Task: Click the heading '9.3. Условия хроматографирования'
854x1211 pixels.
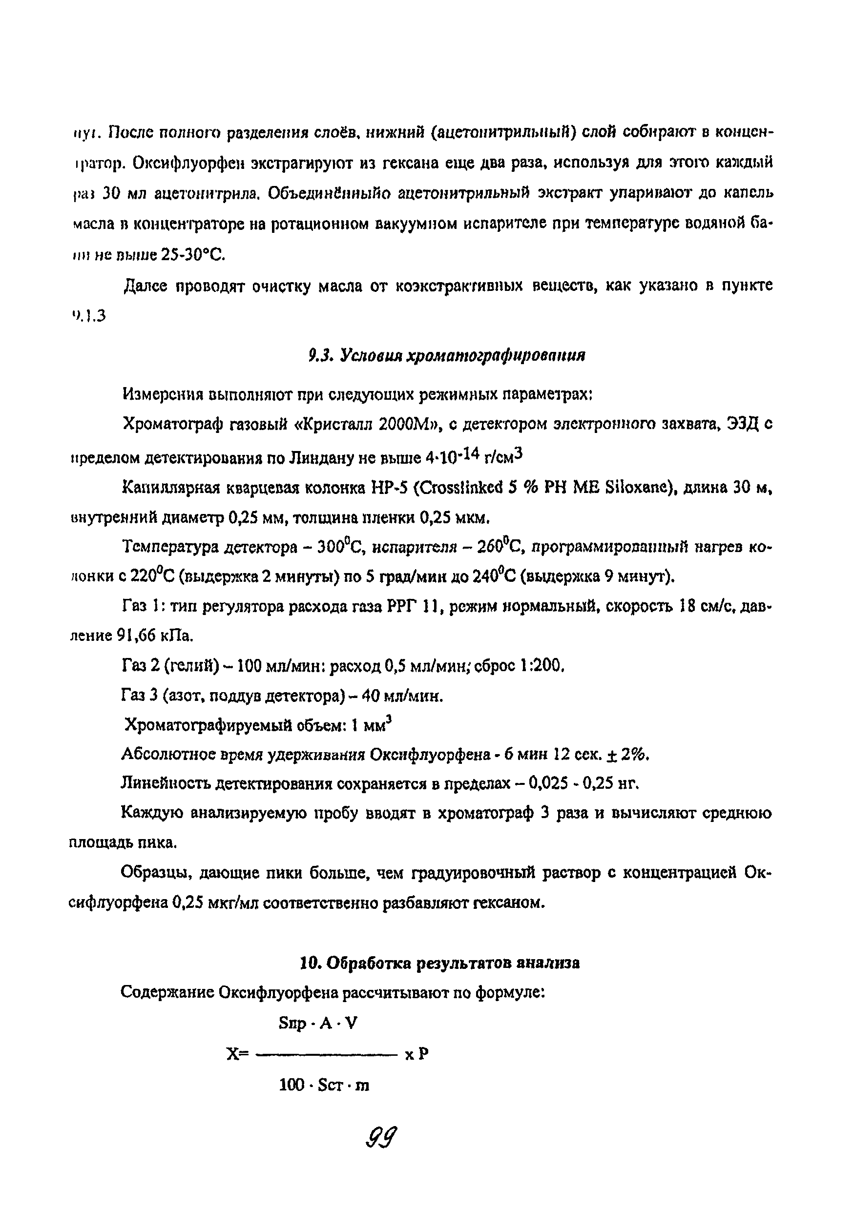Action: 447,355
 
